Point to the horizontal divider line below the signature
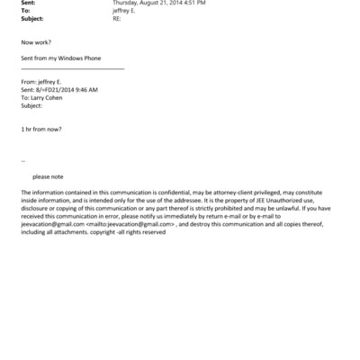(x=72, y=67)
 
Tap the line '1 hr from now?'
(x=41, y=129)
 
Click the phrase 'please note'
(x=48, y=176)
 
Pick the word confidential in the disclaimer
(x=157, y=193)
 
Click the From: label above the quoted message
(x=29, y=82)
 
